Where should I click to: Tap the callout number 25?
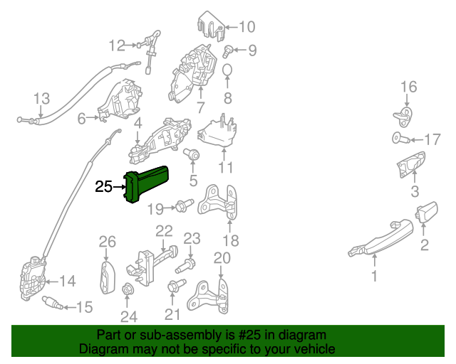tap(103, 187)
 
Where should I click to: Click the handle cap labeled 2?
tap(426, 211)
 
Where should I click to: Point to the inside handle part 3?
tap(410, 166)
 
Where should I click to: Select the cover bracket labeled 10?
tap(212, 26)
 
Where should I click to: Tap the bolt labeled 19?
tap(180, 208)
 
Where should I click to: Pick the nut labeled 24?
tap(128, 290)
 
